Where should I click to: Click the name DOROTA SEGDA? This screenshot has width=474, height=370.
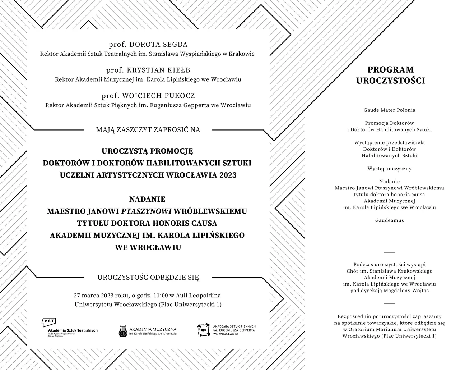pyautogui.click(x=158, y=45)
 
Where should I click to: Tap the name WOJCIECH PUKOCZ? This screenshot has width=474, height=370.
pyautogui.click(x=158, y=96)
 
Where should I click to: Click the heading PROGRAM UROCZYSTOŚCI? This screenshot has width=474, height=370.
pyautogui.click(x=390, y=75)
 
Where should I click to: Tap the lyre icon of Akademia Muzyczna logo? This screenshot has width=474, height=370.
pyautogui.click(x=123, y=331)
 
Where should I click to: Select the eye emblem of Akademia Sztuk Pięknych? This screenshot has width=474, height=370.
pyautogui.click(x=203, y=330)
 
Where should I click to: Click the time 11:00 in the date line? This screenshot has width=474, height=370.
pyautogui.click(x=161, y=296)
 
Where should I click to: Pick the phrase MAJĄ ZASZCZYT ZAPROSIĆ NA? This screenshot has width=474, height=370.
pyautogui.click(x=148, y=129)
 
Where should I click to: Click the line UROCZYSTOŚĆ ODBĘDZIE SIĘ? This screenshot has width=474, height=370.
pyautogui.click(x=148, y=278)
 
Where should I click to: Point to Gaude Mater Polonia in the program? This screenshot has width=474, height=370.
pyautogui.click(x=389, y=110)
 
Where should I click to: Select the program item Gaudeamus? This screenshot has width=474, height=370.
pyautogui.click(x=389, y=220)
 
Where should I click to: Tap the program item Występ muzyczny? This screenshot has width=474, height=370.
pyautogui.click(x=389, y=169)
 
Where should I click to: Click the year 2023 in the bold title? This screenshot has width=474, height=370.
pyautogui.click(x=227, y=175)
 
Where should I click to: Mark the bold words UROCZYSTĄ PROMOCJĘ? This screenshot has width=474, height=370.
pyautogui.click(x=147, y=150)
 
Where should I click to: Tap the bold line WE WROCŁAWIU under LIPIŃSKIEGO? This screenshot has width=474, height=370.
pyautogui.click(x=148, y=247)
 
